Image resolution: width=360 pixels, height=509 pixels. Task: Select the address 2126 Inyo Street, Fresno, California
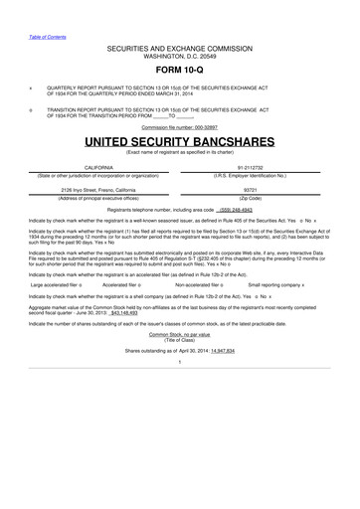tap(97, 188)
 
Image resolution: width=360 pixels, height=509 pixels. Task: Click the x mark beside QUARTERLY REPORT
tap(32, 85)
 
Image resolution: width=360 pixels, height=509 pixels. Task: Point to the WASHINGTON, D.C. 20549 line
tap(180, 55)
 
